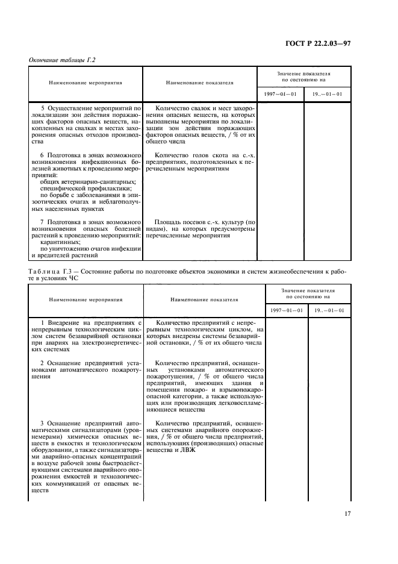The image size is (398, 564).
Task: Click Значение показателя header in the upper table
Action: (304, 73)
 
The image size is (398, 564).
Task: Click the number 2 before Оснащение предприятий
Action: (42, 363)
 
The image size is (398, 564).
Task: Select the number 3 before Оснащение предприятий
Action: (42, 424)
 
